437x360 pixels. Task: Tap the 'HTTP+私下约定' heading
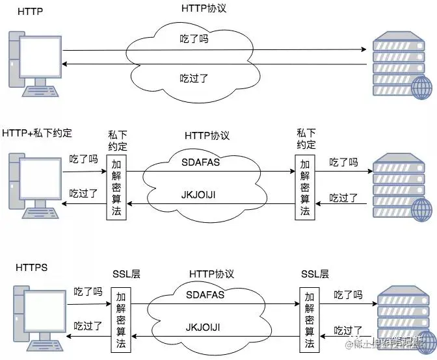[37, 133]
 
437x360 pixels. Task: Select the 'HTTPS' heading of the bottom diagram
[31, 268]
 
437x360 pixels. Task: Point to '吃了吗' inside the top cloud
[194, 40]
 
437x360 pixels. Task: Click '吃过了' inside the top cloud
[194, 79]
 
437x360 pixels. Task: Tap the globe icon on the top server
[421, 87]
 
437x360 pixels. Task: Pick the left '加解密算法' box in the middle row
[116, 187]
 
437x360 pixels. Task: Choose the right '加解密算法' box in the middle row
[305, 187]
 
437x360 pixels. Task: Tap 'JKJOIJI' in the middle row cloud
[201, 195]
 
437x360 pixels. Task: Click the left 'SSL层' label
[126, 274]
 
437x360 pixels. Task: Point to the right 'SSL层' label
[315, 274]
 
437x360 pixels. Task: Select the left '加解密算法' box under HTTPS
[121, 318]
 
